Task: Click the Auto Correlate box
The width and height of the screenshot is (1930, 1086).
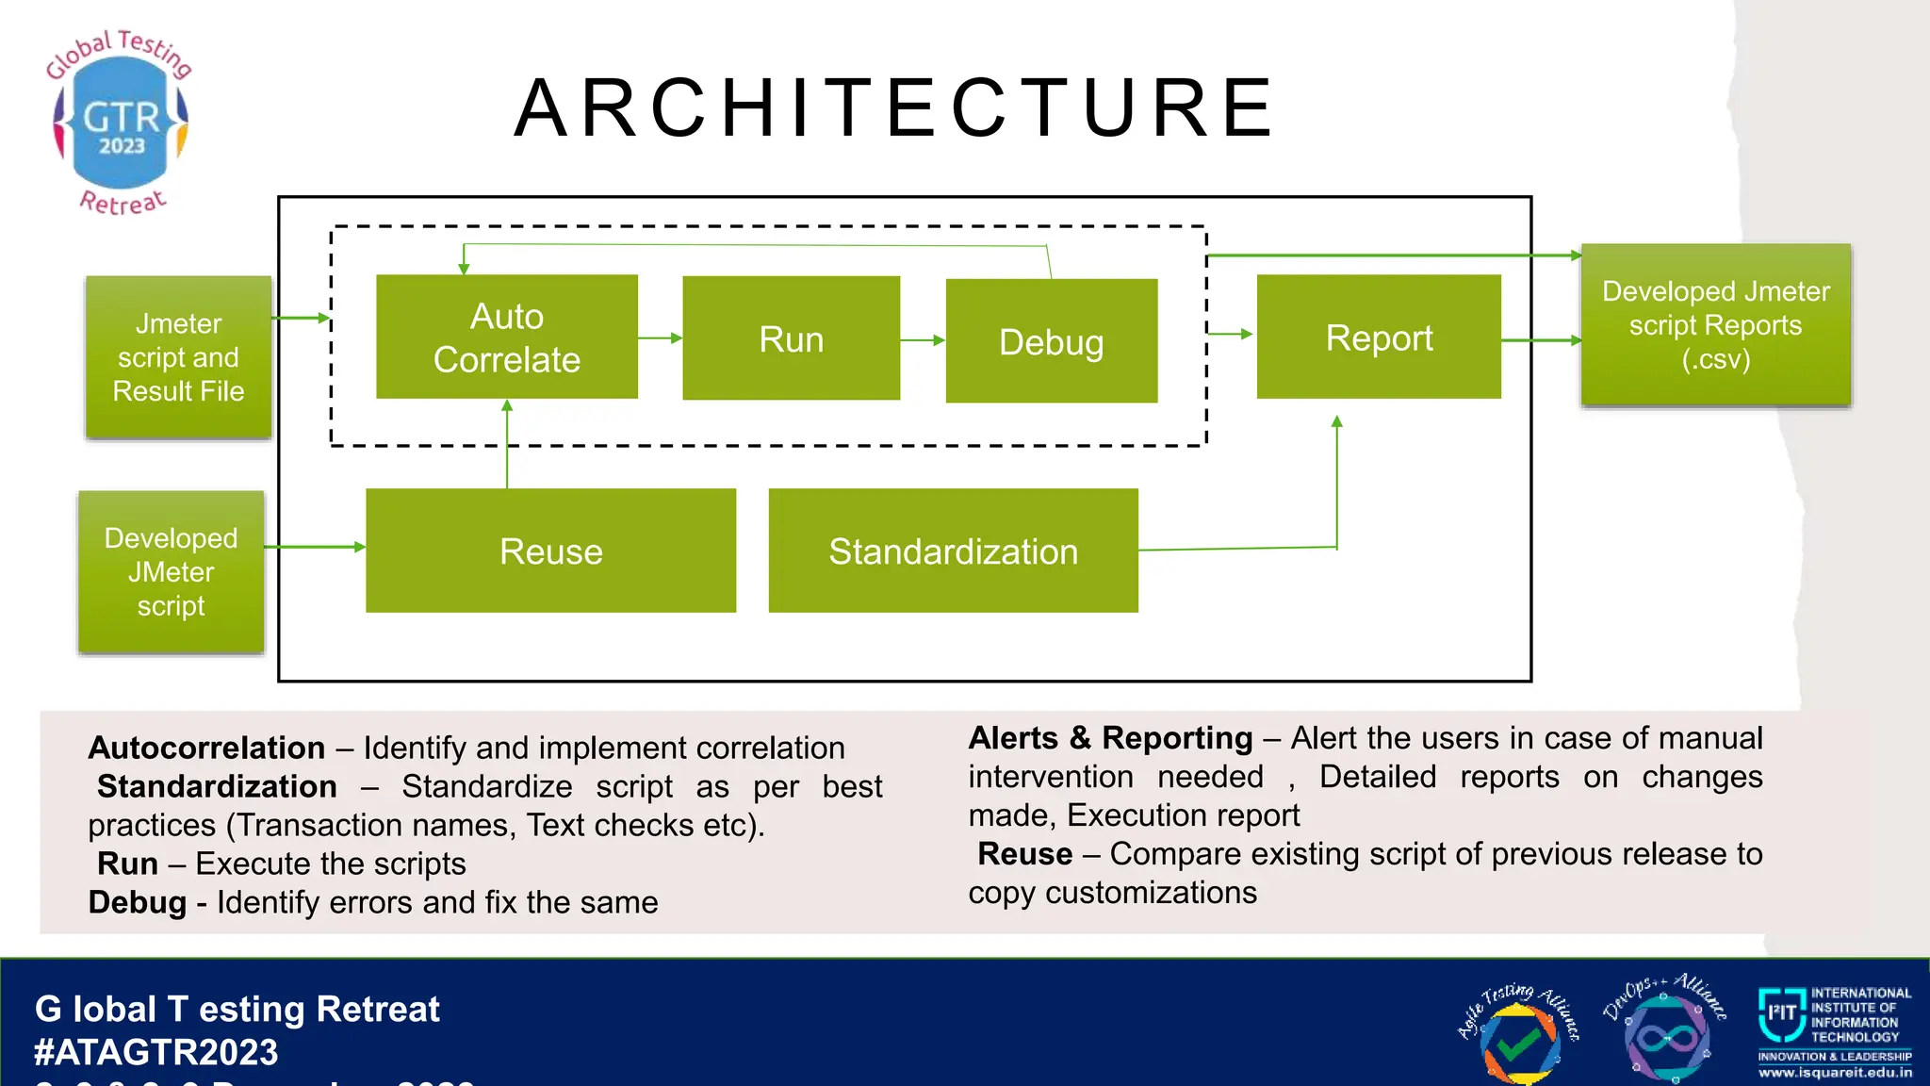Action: coord(507,337)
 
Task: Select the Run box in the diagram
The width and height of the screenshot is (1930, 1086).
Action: coord(791,338)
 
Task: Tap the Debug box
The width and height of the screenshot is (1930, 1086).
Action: coord(1051,341)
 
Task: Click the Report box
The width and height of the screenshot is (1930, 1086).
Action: coord(1379,337)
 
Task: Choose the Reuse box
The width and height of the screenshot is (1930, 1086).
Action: coord(550,551)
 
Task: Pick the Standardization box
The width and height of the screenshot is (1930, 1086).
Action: coord(953,551)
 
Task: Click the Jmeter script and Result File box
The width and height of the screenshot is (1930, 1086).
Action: coord(178,357)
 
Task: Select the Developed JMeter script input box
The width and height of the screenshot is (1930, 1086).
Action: coord(171,571)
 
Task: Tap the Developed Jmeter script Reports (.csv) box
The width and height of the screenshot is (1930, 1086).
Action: coord(1715,325)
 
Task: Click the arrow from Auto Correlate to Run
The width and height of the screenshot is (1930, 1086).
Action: coord(660,337)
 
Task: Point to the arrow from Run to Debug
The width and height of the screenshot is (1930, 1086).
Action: coord(923,339)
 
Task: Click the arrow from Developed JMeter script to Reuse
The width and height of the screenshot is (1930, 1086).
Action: coord(315,547)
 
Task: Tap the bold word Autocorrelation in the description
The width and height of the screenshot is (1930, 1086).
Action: coord(206,748)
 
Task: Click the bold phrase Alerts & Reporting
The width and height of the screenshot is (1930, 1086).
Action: coord(1110,737)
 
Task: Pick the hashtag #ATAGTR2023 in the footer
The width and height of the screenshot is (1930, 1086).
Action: coord(156,1052)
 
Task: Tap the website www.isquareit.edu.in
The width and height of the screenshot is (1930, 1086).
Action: coord(1835,1073)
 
